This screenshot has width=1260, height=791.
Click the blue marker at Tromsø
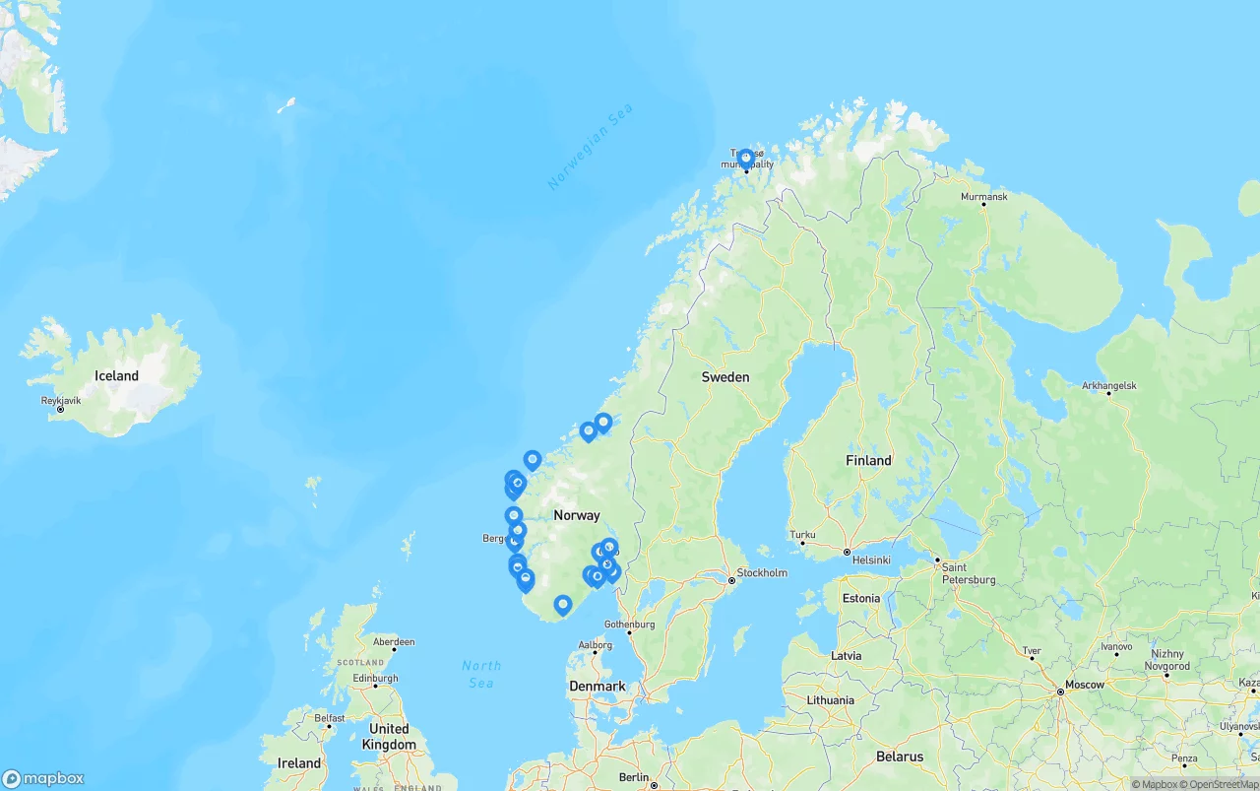click(x=745, y=158)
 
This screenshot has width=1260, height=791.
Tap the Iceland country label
click(x=116, y=375)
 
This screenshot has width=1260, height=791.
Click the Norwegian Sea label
click(x=590, y=147)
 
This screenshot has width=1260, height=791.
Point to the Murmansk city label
click(x=984, y=197)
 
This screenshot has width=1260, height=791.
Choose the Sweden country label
click(x=725, y=376)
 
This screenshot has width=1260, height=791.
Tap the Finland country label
click(x=868, y=460)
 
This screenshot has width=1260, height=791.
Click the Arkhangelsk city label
click(x=1109, y=385)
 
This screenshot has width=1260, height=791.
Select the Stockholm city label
click(x=762, y=572)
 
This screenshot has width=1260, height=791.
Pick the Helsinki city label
click(x=871, y=560)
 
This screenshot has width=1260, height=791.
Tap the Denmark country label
click(x=597, y=686)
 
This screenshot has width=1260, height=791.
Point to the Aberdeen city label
click(x=394, y=641)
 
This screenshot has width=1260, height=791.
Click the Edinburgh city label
click(x=375, y=678)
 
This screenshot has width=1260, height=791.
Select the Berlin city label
click(x=634, y=777)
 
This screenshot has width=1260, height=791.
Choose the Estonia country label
click(x=861, y=598)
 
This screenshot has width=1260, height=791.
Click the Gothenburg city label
click(x=629, y=624)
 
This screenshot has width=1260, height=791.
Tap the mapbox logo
click(x=43, y=778)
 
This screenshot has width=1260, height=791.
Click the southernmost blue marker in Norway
click(x=563, y=604)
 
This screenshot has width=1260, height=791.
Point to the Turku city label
click(x=803, y=535)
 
